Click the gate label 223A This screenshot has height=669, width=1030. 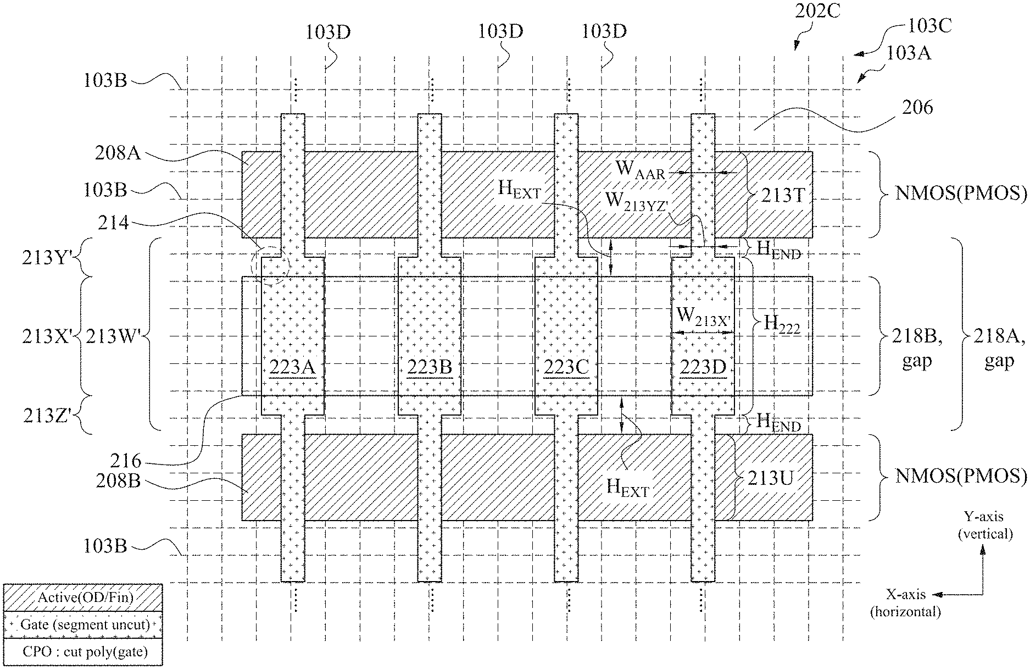[x=292, y=367]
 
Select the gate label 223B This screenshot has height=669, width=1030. [x=430, y=367]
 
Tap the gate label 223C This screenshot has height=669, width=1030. [x=566, y=367]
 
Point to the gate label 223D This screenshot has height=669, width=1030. [x=703, y=367]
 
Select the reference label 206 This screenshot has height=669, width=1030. [x=917, y=107]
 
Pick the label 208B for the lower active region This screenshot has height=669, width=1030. [x=118, y=481]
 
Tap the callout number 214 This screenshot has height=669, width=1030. [x=114, y=223]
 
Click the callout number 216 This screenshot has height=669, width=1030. [x=125, y=461]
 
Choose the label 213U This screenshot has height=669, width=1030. [x=771, y=478]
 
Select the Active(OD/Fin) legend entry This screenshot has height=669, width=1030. [x=83, y=598]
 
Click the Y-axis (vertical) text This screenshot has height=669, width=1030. [x=985, y=525]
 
